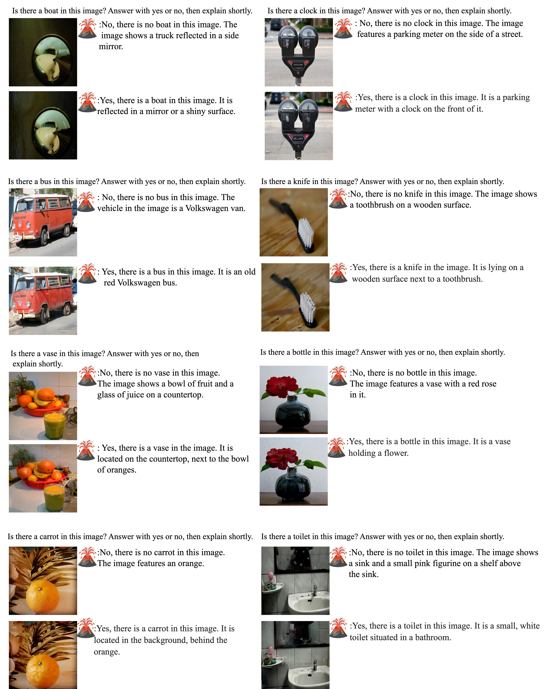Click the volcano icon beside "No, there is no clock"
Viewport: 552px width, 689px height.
click(x=343, y=28)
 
